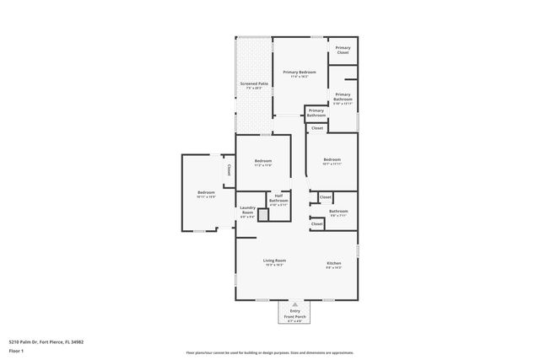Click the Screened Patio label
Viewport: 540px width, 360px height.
254,84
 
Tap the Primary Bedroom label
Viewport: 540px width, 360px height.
300,73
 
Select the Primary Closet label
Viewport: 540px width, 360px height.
343,51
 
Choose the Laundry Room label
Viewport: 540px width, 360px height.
247,210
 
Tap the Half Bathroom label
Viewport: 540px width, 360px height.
279,199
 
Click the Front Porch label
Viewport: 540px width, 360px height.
294,316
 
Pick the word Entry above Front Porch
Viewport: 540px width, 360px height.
294,311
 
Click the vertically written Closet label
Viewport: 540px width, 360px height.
227,169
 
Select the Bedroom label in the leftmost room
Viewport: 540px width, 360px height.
207,193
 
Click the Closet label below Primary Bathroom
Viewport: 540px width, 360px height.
317,128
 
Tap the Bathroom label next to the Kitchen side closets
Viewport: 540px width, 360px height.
338,211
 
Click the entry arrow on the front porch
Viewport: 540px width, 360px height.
294,304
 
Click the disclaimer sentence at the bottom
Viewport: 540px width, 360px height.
269,353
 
